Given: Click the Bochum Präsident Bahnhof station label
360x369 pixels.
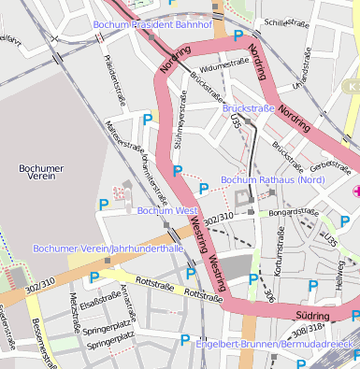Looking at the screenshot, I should point(152,23).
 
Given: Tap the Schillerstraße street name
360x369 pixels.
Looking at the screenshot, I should point(286,22).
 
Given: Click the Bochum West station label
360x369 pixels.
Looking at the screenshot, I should point(167,211).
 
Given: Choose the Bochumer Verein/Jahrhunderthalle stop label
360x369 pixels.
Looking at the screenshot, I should point(108,248).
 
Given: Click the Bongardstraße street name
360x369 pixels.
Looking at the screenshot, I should point(295,212).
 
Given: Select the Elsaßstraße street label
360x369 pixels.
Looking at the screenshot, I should point(99,302).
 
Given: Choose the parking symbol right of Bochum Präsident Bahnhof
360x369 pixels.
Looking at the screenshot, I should point(238,35).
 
